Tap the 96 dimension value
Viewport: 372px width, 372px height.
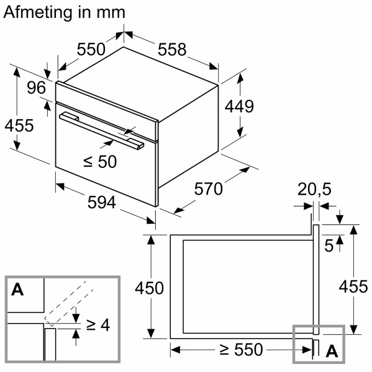click(x=37, y=88)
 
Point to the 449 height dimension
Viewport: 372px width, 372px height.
click(x=239, y=107)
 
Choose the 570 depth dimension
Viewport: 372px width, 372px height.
click(x=208, y=188)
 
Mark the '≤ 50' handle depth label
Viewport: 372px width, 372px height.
click(x=100, y=162)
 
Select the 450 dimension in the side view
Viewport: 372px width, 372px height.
click(x=149, y=288)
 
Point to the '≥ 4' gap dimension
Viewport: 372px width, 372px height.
click(x=98, y=324)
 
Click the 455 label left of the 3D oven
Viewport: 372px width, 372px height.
click(x=19, y=126)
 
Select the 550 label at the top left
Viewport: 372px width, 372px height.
click(x=91, y=49)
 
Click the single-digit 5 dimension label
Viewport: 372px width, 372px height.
click(x=330, y=246)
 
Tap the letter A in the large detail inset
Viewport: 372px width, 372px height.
click(x=17, y=290)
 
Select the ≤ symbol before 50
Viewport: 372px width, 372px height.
click(x=88, y=162)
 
